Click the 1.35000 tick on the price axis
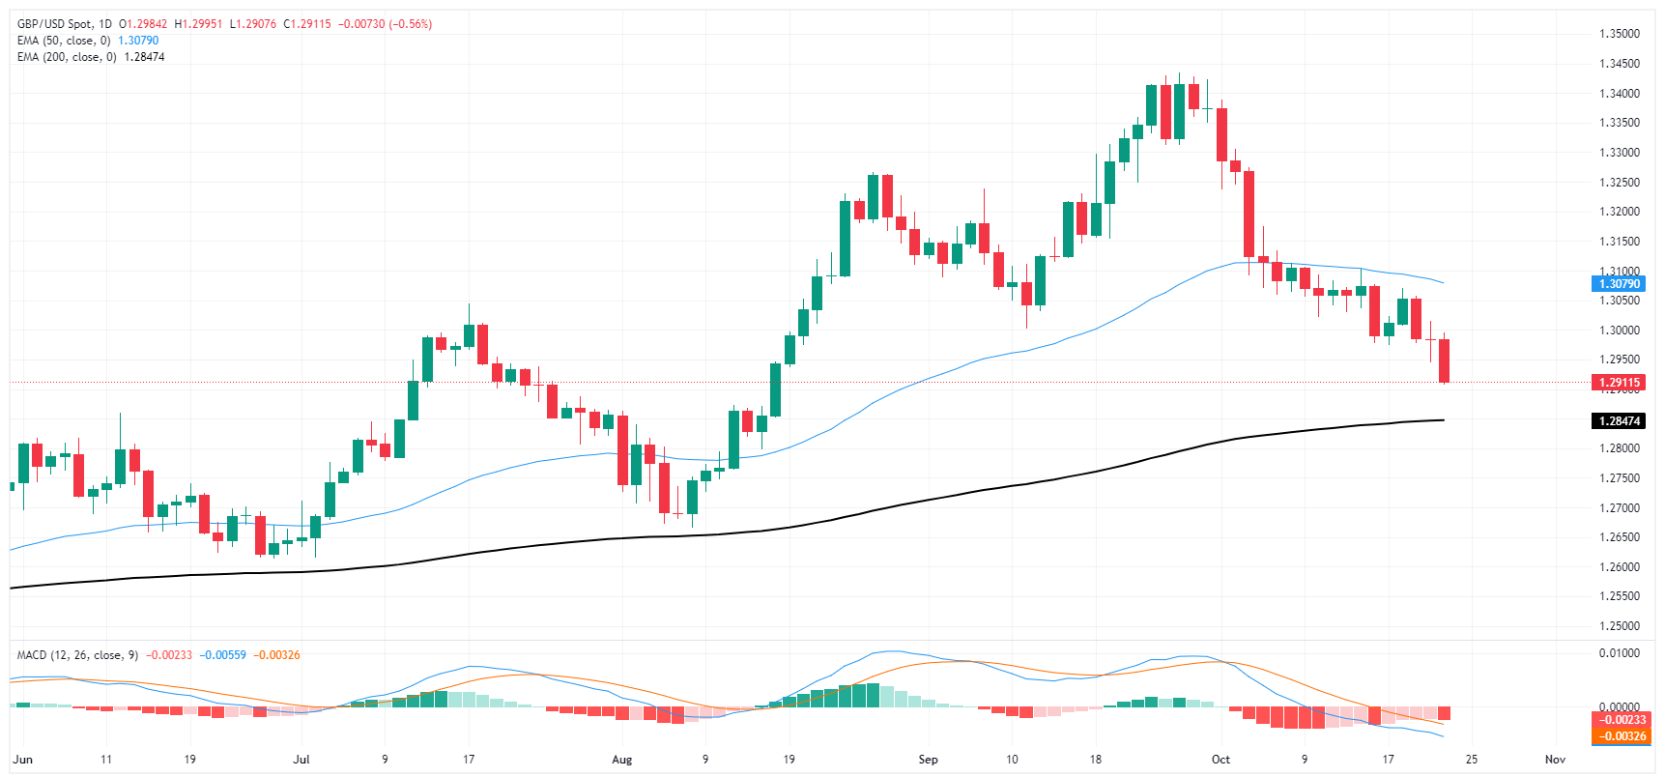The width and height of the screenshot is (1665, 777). pyautogui.click(x=1619, y=34)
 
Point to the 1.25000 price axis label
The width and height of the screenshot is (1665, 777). pyautogui.click(x=1619, y=626)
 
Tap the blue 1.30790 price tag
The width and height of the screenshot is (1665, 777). pyautogui.click(x=1619, y=284)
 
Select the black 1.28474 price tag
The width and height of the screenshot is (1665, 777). pyautogui.click(x=1619, y=421)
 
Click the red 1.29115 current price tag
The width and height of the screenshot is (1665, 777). pyautogui.click(x=1619, y=383)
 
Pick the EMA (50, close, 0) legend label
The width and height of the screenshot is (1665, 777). pyautogui.click(x=64, y=41)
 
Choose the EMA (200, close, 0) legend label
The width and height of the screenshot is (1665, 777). pyautogui.click(x=67, y=57)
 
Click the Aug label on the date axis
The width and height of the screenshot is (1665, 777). pyautogui.click(x=622, y=760)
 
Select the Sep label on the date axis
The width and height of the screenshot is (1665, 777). pyautogui.click(x=928, y=760)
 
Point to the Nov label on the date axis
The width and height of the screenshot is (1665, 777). pyautogui.click(x=1555, y=760)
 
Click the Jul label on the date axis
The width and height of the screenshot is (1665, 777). pyautogui.click(x=301, y=760)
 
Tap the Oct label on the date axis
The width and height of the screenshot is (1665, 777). pyautogui.click(x=1221, y=760)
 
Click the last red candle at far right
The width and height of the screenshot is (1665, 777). pyautogui.click(x=1445, y=360)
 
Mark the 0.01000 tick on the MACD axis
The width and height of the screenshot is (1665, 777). pyautogui.click(x=1619, y=653)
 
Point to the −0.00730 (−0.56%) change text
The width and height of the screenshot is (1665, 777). pyautogui.click(x=385, y=24)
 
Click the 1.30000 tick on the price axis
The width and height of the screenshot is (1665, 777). pyautogui.click(x=1619, y=331)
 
